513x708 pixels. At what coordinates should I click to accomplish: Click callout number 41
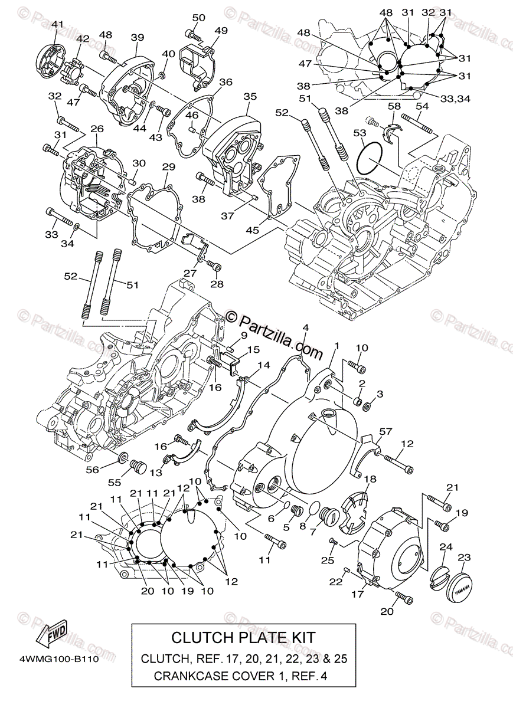[x=57, y=24]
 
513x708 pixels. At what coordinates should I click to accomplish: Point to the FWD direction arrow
[x=51, y=634]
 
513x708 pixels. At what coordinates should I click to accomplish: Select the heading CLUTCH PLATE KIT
[x=243, y=637]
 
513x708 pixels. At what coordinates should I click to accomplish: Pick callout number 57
[x=385, y=432]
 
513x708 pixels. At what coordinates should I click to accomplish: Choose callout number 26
[x=97, y=129]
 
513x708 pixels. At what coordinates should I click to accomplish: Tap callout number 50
[x=198, y=18]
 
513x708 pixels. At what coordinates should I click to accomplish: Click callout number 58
[x=394, y=106]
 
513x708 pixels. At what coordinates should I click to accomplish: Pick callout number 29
[x=169, y=168]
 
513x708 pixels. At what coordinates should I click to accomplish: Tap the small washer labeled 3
[x=367, y=407]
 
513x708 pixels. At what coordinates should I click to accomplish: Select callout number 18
[x=370, y=478]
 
